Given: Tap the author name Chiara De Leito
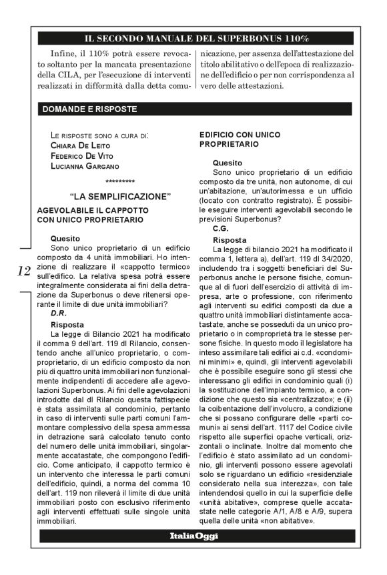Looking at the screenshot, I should coord(82,145).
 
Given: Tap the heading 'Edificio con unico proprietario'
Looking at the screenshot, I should coord(240,139).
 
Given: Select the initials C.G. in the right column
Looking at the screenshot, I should coord(221,228).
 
